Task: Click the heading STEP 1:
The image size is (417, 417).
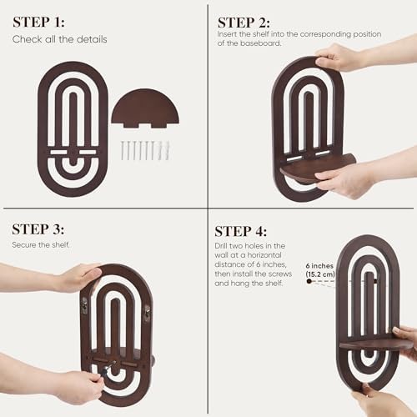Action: point(38,23)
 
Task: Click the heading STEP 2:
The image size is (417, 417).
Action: point(244,23)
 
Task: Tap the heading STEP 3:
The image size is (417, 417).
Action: point(38,229)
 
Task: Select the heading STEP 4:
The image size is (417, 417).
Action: point(241,231)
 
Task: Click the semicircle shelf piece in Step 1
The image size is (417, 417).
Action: point(145,108)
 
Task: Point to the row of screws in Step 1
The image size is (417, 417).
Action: point(145,150)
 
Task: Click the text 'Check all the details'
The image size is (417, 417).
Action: point(60,39)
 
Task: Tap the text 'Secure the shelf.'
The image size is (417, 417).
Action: point(41,245)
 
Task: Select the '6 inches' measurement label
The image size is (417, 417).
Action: point(319,266)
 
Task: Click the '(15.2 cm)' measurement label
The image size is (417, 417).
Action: point(320,274)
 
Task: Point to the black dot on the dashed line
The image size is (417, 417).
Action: point(309,281)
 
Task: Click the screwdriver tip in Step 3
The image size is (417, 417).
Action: point(113,363)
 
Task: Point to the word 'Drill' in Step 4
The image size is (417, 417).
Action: point(221,246)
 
